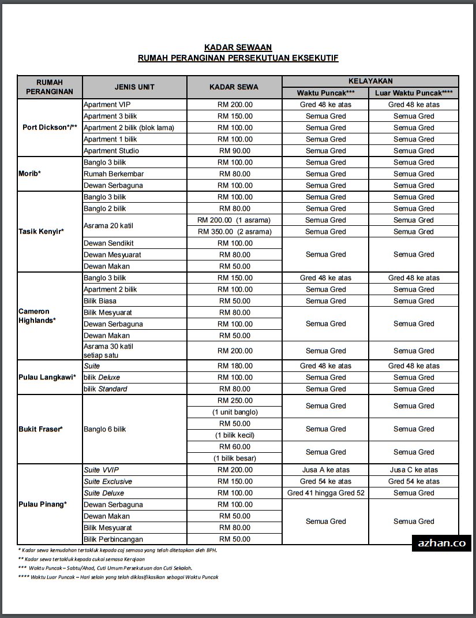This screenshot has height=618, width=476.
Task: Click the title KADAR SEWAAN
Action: point(238,47)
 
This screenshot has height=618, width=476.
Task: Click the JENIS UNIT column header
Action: point(134,87)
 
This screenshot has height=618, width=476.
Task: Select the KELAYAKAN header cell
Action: point(370,81)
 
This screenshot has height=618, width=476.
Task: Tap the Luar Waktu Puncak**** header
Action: point(414,93)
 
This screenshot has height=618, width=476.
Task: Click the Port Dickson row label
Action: point(50,128)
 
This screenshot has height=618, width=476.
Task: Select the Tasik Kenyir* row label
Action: point(41,232)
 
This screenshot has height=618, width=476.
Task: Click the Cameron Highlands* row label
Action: point(37,316)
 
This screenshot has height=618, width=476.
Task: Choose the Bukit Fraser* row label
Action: point(40,429)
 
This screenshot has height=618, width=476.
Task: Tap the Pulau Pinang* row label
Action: point(42,504)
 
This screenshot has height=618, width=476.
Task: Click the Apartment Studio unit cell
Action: point(111,151)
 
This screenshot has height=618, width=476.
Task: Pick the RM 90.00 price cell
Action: point(234,151)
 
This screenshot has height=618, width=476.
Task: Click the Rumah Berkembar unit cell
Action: point(114,174)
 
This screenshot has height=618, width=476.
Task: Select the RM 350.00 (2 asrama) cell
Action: point(234,232)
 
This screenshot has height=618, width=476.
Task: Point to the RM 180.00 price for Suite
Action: point(234,366)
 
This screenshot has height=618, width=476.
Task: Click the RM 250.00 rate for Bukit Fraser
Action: point(234,400)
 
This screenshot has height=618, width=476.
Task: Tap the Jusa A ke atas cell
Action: point(325,470)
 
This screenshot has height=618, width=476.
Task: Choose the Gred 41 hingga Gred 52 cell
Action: point(325,493)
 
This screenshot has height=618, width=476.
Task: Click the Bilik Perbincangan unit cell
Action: point(113,539)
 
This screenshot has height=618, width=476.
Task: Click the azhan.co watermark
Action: point(441,543)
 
